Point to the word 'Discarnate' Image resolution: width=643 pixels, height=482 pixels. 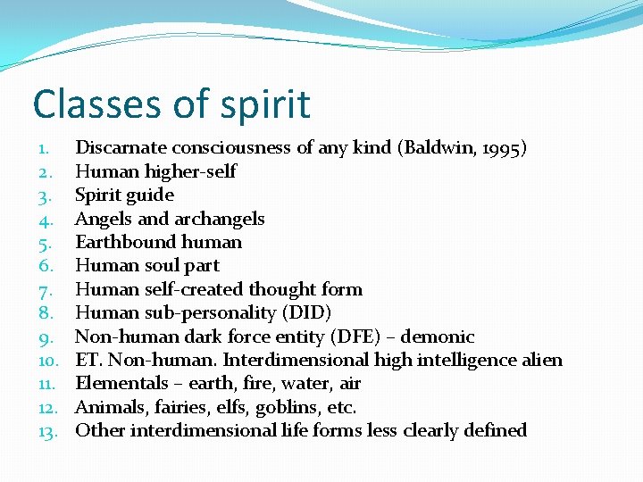pyautogui.click(x=121, y=148)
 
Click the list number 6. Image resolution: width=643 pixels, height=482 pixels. pyautogui.click(x=46, y=266)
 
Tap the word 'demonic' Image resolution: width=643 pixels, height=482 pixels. pyautogui.click(x=438, y=337)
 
